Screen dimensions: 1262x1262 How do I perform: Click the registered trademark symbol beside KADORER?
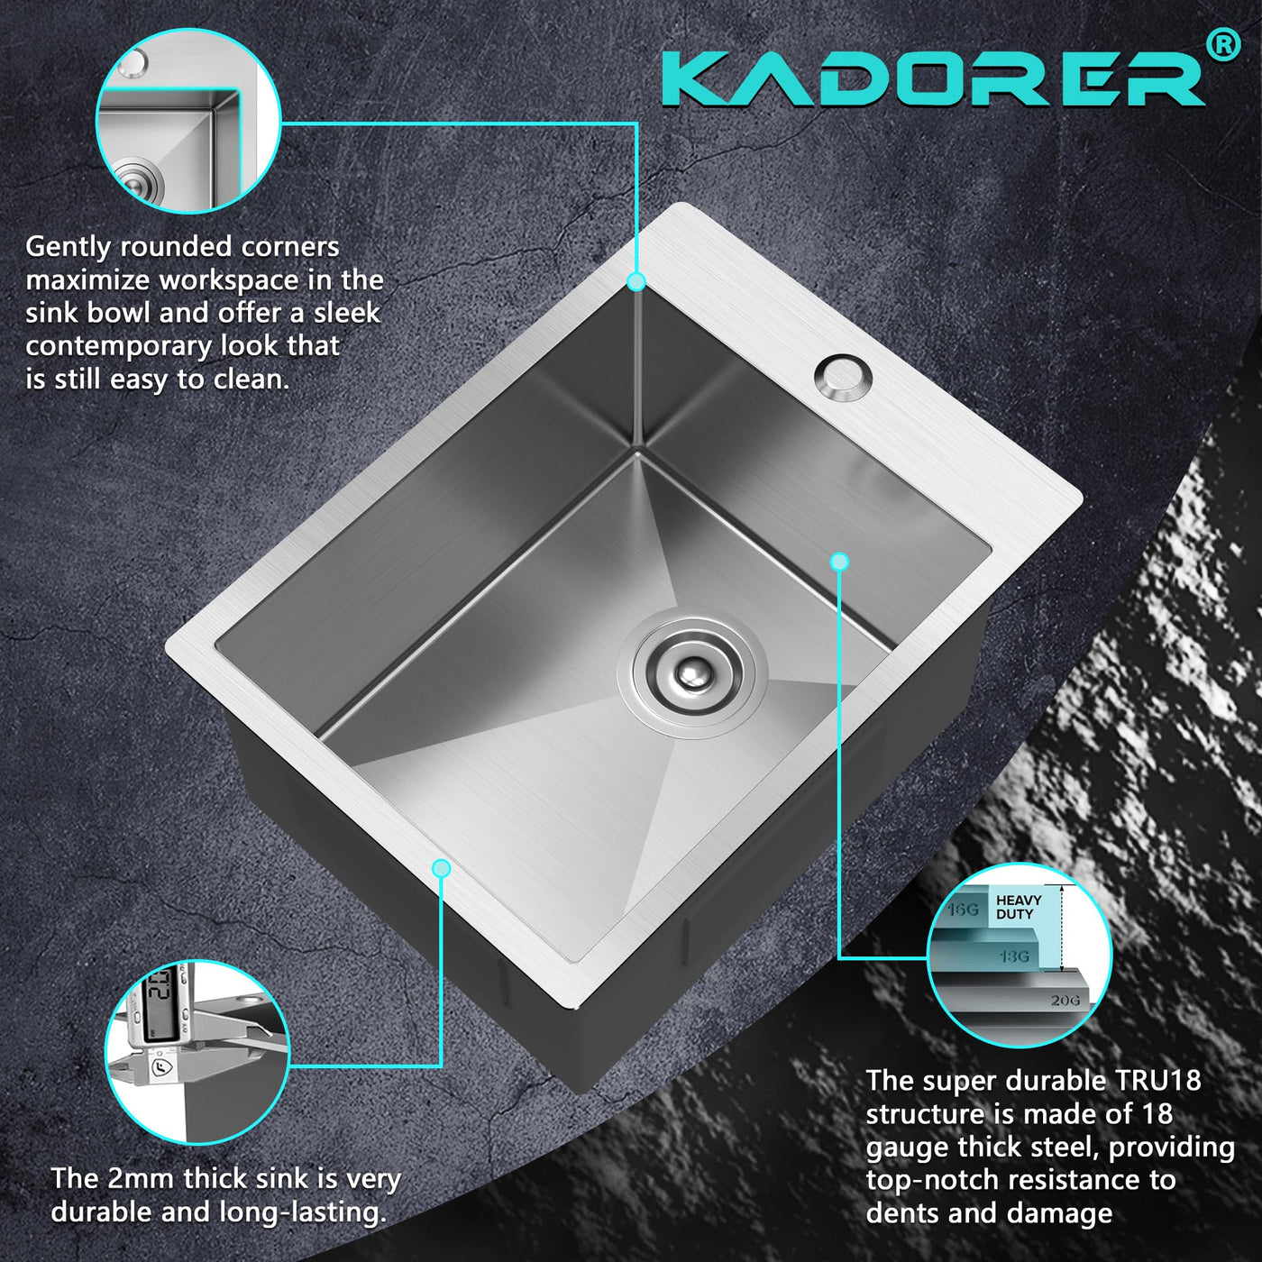[1222, 46]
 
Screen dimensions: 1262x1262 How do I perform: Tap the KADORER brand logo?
[934, 80]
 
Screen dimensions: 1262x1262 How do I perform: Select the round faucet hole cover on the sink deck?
[844, 378]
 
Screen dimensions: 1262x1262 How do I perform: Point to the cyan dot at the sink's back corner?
[636, 282]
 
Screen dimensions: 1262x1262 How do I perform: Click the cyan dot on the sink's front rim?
[442, 868]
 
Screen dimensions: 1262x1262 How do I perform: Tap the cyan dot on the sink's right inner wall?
[839, 562]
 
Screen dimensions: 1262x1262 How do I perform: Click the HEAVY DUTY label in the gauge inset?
[1019, 907]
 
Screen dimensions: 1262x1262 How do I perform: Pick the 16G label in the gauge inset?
[963, 910]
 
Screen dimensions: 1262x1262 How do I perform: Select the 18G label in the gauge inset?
[1014, 956]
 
